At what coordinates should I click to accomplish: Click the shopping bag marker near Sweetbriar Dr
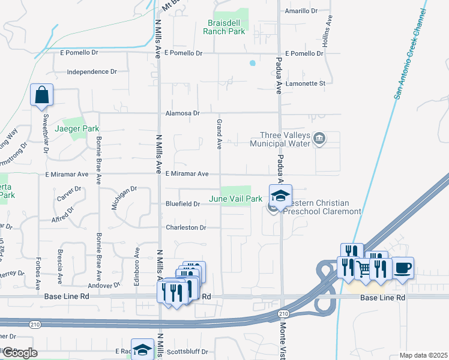41,95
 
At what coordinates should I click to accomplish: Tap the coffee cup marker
403,267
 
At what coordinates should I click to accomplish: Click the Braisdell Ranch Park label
226,27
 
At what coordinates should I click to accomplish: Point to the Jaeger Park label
77,128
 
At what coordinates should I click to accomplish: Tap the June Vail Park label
235,199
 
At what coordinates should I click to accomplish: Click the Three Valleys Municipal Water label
285,140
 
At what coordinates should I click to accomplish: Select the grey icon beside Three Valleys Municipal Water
320,140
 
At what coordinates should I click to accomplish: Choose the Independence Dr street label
92,72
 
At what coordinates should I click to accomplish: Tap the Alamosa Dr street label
182,113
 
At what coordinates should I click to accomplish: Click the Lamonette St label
305,83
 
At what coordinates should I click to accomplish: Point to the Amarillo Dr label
301,11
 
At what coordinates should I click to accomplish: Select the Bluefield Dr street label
182,204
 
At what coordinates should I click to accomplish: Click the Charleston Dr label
185,228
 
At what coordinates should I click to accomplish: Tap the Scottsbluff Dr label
187,352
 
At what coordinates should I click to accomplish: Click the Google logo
19,353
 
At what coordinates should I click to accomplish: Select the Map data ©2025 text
423,355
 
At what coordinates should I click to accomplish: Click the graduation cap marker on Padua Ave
280,196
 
